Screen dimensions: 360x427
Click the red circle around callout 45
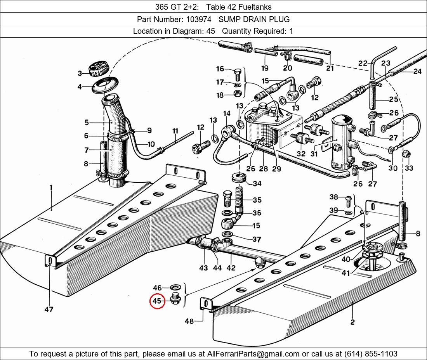tap(157, 301)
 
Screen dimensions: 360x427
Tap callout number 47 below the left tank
tap(49, 310)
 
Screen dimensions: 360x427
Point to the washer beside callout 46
tap(175, 288)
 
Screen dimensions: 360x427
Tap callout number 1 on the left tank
tap(51, 187)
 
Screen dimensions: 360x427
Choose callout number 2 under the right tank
tap(352, 322)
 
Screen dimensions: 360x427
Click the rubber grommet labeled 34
tap(239, 178)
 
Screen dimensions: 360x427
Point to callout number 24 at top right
tap(417, 71)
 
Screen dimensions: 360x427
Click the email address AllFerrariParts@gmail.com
tap(253, 354)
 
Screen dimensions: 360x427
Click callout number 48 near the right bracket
tap(189, 321)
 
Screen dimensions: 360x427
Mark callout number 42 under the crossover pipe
tap(231, 268)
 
